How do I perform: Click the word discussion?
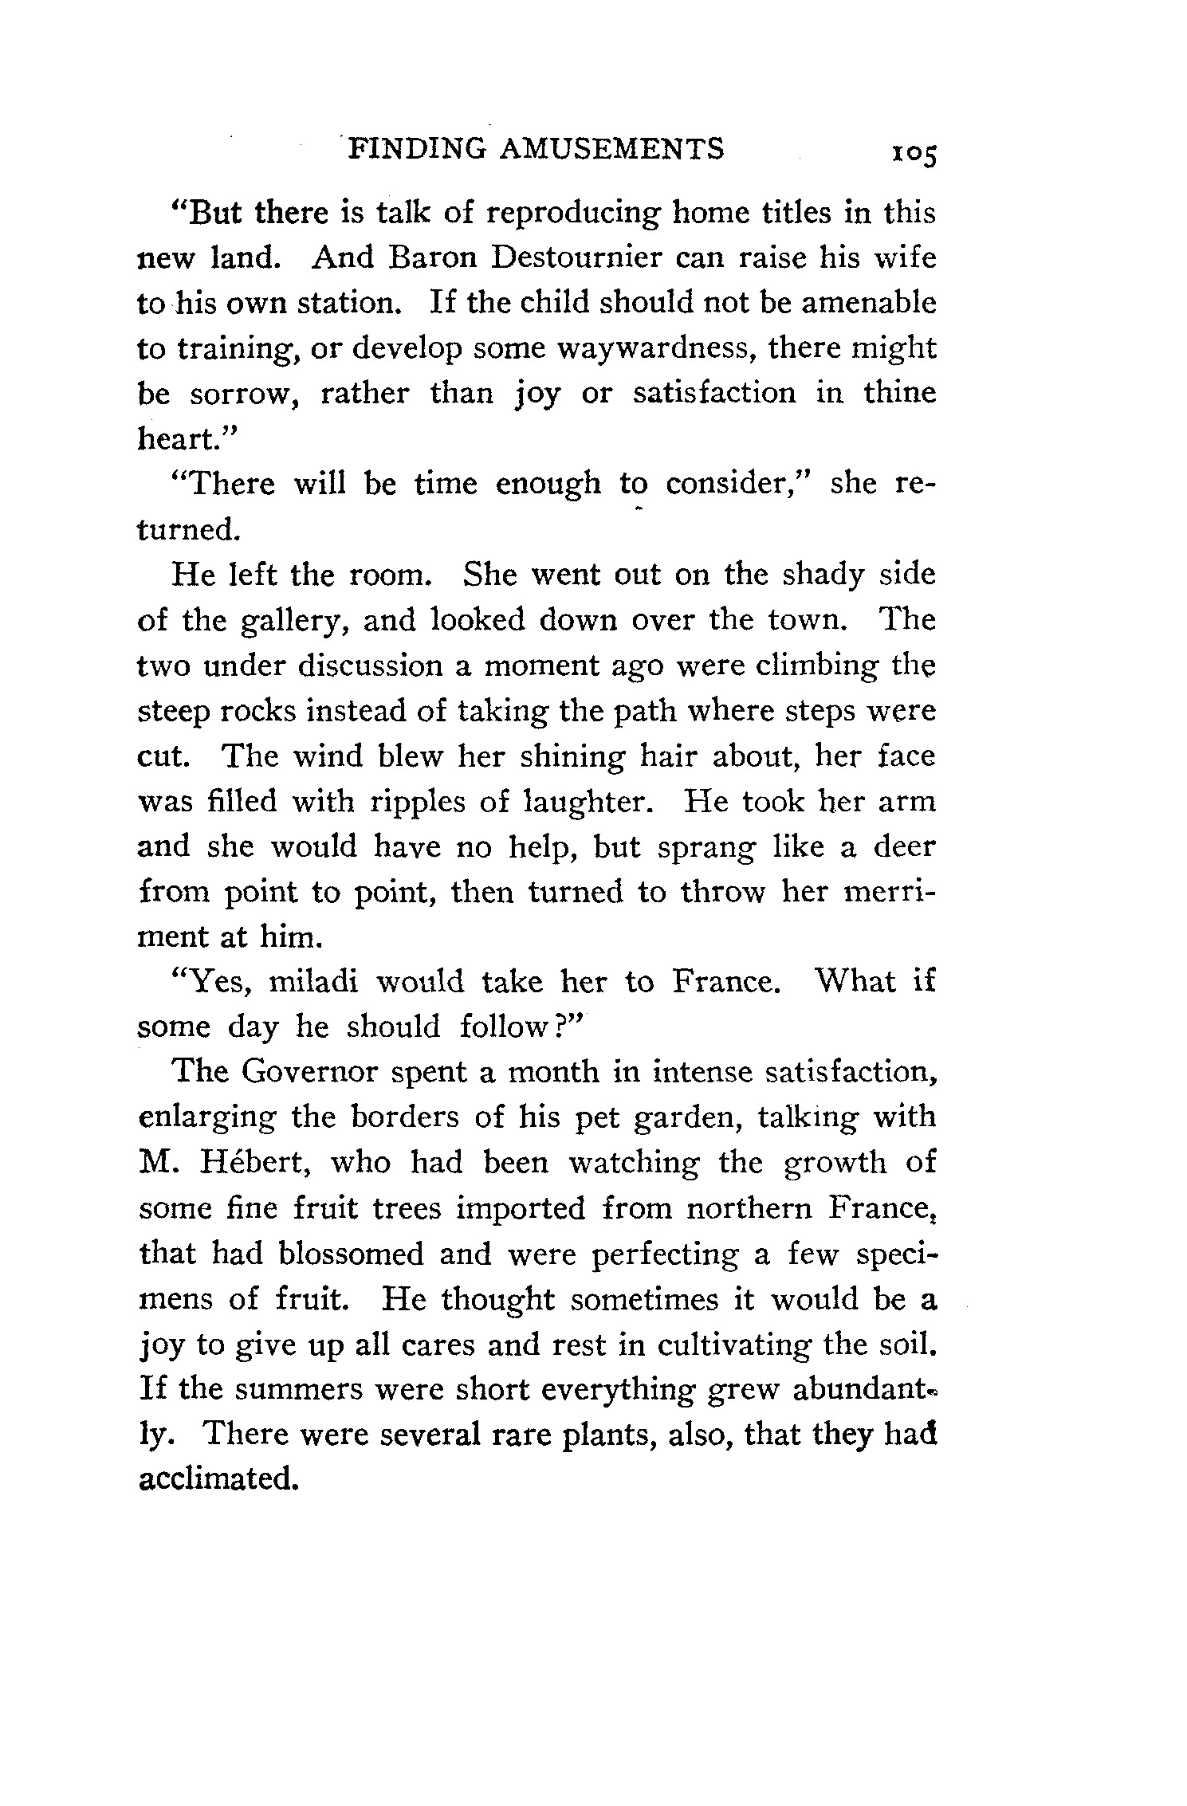tap(368, 665)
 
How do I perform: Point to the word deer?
tap(903, 846)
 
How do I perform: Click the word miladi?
tap(314, 982)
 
